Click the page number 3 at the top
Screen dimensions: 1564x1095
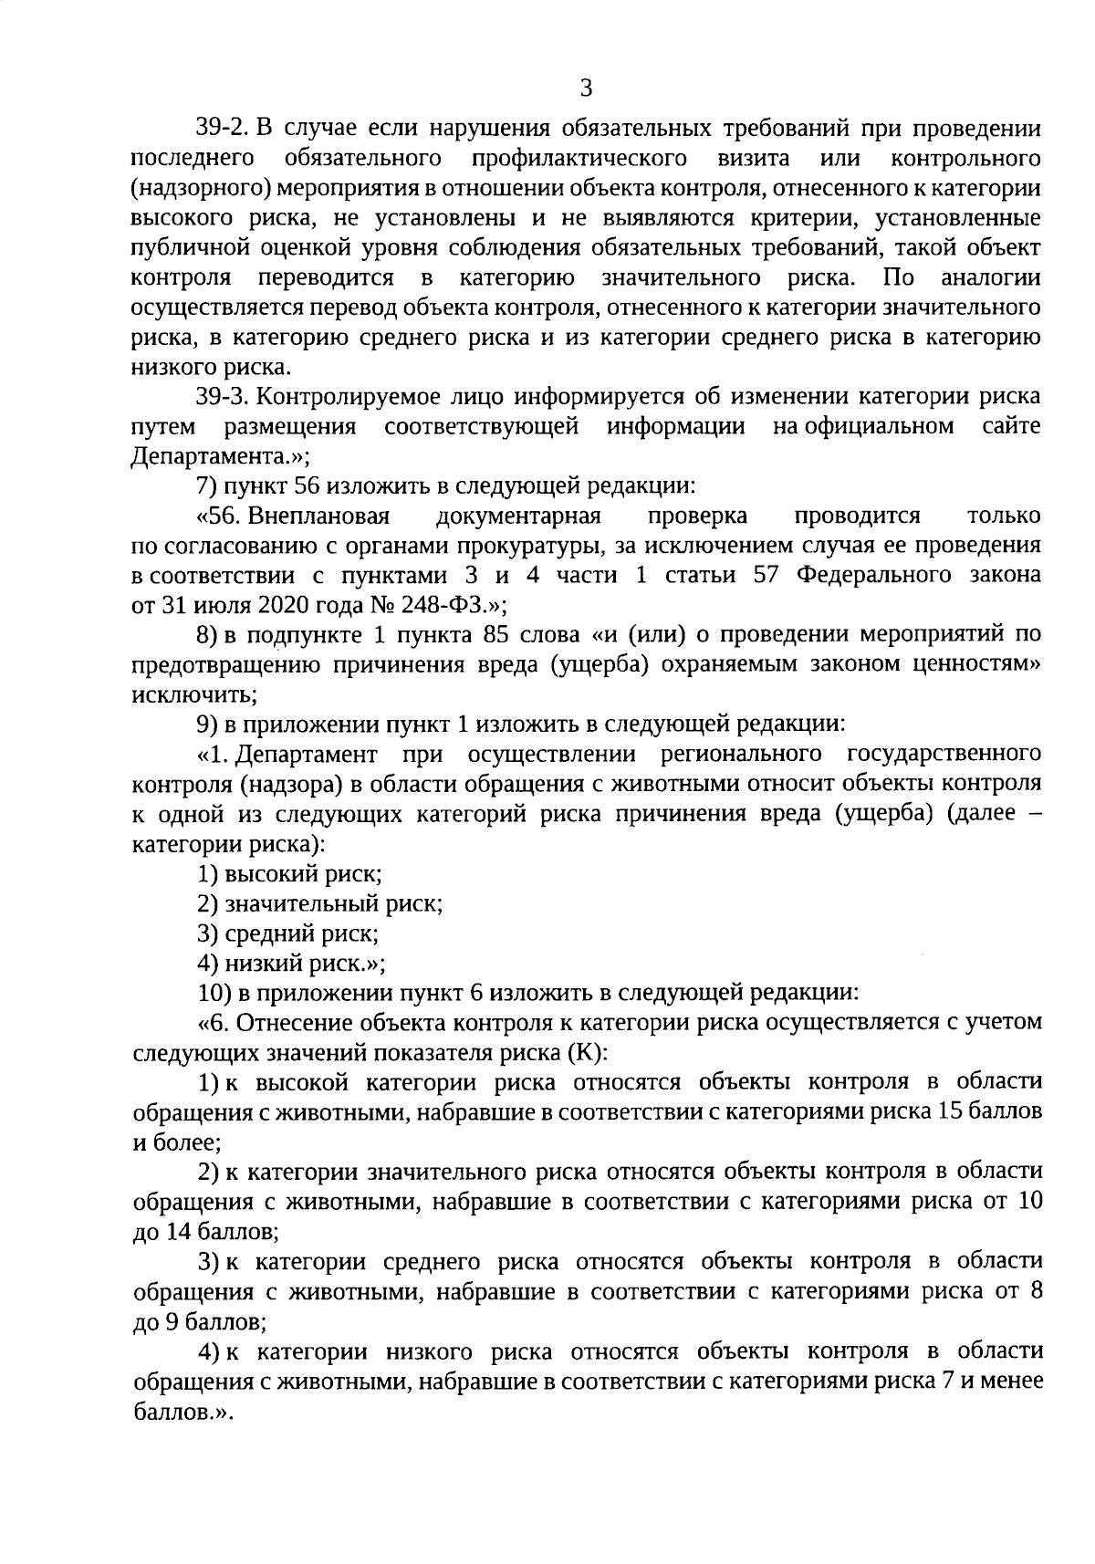pyautogui.click(x=586, y=89)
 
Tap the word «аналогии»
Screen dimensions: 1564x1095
pyautogui.click(x=990, y=278)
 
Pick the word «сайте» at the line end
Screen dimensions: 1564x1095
pyautogui.click(x=1013, y=427)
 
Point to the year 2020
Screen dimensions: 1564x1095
pyautogui.click(x=241, y=607)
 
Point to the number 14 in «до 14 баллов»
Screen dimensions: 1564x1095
pyautogui.click(x=179, y=1233)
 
